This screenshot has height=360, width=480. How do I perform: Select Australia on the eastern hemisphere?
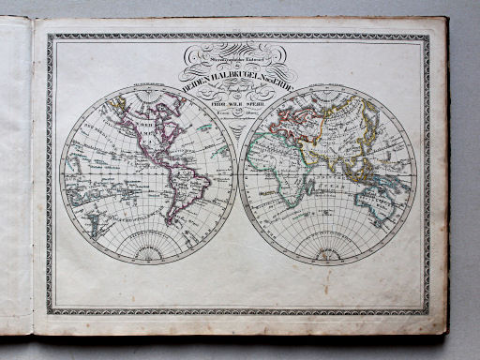pyautogui.click(x=379, y=201)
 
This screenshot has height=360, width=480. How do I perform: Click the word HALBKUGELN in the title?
pyautogui.click(x=224, y=79)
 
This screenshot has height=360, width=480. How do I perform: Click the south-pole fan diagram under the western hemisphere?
pyautogui.click(x=148, y=251)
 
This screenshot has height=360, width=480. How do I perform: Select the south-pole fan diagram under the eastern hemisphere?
pyautogui.click(x=328, y=251)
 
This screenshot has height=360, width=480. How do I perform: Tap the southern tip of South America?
pyautogui.click(x=172, y=223)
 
